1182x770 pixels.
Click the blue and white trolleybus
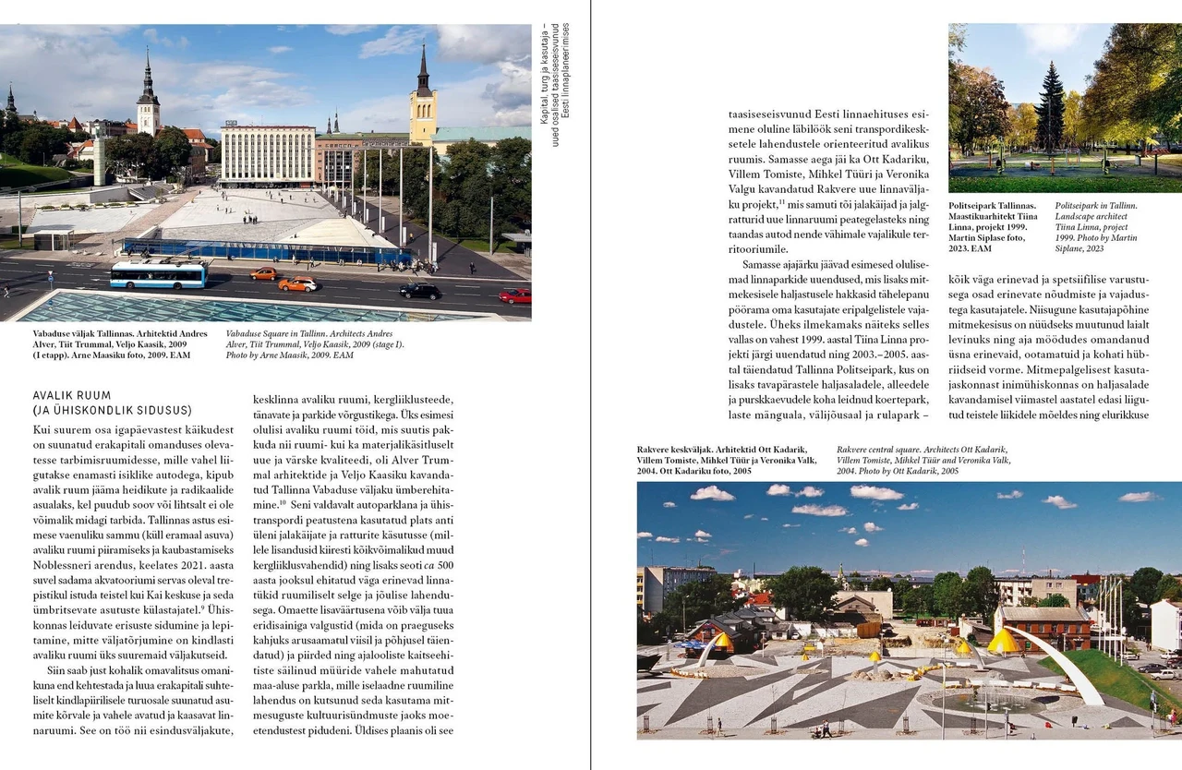(158, 274)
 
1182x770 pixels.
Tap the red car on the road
(515, 295)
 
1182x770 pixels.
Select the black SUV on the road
(420, 291)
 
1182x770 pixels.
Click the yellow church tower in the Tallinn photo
(423, 102)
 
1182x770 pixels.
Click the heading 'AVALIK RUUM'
(71, 396)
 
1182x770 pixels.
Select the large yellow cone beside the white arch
(1003, 641)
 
